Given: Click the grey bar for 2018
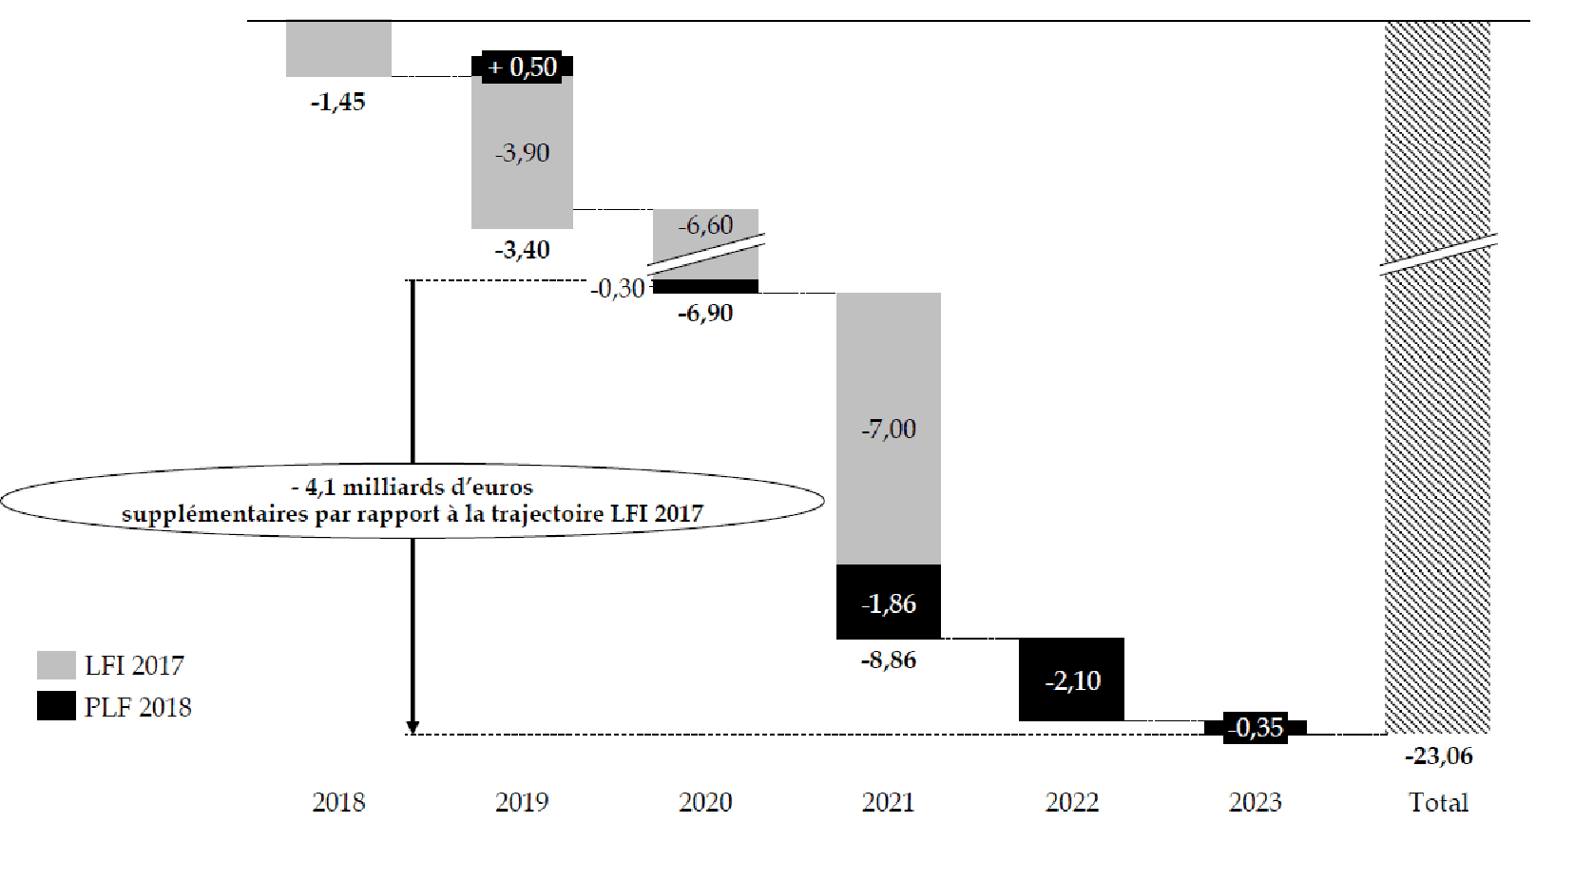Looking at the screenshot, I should [338, 48].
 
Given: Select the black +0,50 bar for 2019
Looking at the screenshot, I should [523, 67].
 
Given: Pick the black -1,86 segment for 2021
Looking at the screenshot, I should [888, 603].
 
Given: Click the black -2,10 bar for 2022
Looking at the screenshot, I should [1071, 679].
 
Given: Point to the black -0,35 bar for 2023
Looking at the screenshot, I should [1255, 728].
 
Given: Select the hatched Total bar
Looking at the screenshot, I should [1437, 475].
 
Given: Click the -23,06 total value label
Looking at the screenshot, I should [1438, 756].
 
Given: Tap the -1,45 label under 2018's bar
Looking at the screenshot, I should [337, 102].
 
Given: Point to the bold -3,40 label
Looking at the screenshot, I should [522, 250].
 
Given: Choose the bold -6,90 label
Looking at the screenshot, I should [705, 313].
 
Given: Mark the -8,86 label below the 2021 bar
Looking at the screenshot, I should [888, 660].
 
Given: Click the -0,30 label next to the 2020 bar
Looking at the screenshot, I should [617, 288].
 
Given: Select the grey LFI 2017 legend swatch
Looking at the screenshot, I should [56, 665].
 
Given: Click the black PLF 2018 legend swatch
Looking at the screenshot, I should [56, 706].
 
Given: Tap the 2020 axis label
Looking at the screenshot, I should [705, 802].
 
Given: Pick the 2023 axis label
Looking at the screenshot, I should [1255, 802].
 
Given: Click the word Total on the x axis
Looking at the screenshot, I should [1438, 802].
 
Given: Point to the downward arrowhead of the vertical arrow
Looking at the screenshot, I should [413, 727].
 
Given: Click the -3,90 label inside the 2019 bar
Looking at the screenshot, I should [522, 153].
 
